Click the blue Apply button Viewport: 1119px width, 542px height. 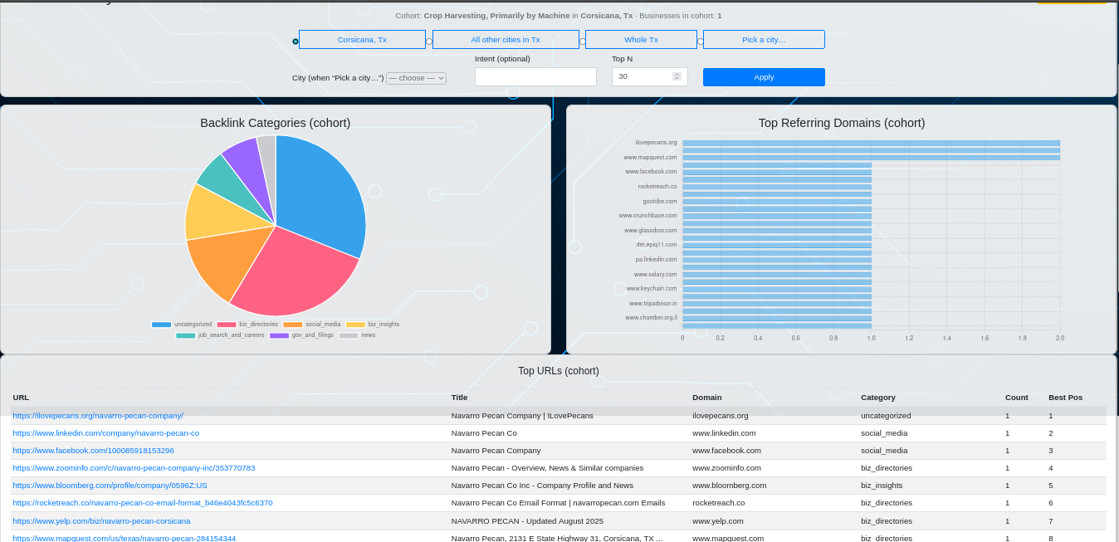click(x=764, y=77)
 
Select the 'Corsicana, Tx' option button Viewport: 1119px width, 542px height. click(x=362, y=40)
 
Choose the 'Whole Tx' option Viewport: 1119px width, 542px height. click(x=641, y=40)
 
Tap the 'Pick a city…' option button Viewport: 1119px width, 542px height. click(x=764, y=40)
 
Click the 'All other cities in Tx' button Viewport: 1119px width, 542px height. click(x=506, y=40)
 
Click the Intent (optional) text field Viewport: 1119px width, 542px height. click(x=535, y=77)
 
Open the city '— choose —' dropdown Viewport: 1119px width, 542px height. click(x=416, y=78)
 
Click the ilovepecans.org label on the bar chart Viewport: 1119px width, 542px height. click(x=656, y=143)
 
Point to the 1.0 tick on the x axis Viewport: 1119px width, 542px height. click(x=872, y=338)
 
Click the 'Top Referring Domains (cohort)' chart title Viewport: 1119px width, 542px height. click(x=841, y=123)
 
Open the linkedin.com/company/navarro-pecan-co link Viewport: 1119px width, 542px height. click(x=106, y=433)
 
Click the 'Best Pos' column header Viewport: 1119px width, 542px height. click(x=1065, y=398)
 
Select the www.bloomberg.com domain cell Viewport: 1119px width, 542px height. click(x=729, y=486)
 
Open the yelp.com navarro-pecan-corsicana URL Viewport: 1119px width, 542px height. click(x=101, y=521)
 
